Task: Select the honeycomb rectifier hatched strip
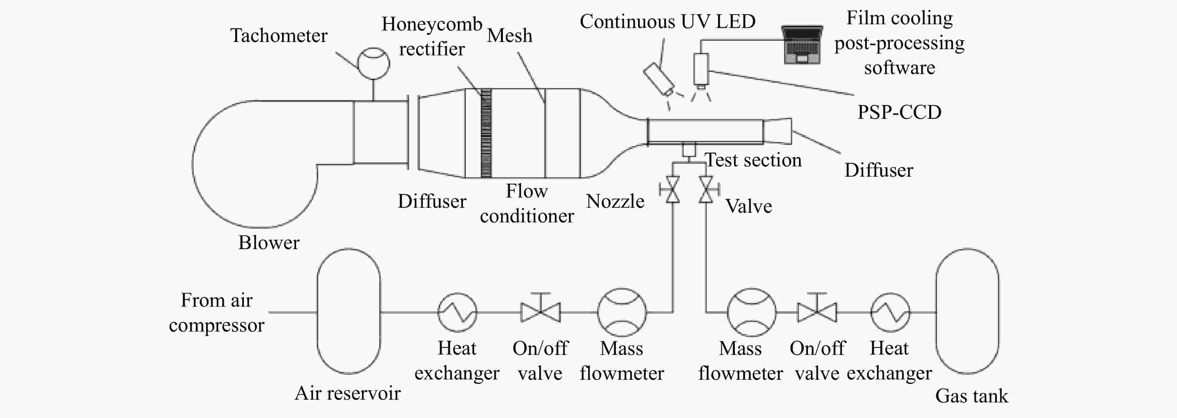pos(486,133)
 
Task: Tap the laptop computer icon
pos(802,44)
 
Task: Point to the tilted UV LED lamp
pos(659,78)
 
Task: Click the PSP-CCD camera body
pos(701,69)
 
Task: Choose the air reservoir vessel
pos(349,311)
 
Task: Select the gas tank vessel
pos(967,311)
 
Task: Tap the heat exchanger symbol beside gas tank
pos(890,312)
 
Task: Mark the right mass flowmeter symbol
pos(752,312)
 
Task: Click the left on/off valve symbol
pos(541,309)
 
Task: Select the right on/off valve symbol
pos(817,309)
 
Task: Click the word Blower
pos(269,242)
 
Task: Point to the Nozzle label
pos(615,201)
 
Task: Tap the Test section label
pos(754,160)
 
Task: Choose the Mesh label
pos(509,35)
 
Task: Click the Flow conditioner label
pos(527,203)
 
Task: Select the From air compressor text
pos(217,313)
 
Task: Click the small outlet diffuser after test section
pos(777,131)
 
